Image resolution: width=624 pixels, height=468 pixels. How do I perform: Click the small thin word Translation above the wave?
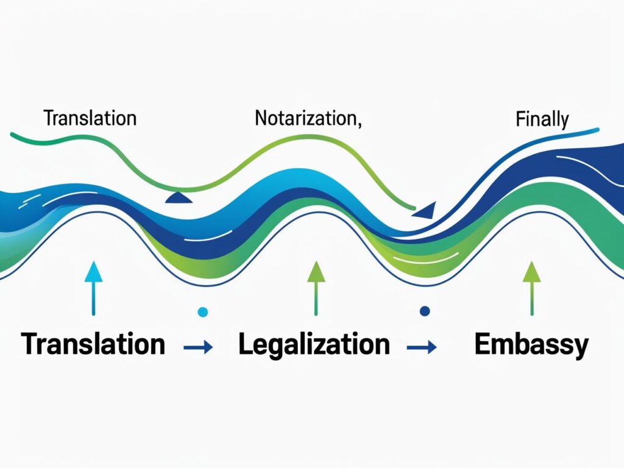pyautogui.click(x=90, y=118)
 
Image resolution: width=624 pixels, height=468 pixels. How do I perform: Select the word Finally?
pyautogui.click(x=542, y=119)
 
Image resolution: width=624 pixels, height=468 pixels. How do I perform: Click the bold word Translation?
pyautogui.click(x=93, y=344)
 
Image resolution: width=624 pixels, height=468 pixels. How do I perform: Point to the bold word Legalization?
pyautogui.click(x=314, y=345)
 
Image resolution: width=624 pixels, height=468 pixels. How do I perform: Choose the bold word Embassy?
pyautogui.click(x=531, y=345)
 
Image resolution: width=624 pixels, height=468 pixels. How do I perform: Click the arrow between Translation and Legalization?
pyautogui.click(x=198, y=347)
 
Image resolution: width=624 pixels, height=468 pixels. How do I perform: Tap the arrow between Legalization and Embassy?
pyautogui.click(x=422, y=347)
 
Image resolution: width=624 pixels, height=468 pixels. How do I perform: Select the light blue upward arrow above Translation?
pyautogui.click(x=93, y=288)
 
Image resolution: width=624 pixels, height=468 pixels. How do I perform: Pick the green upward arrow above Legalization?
pyautogui.click(x=316, y=288)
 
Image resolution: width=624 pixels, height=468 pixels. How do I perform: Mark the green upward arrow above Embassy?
pyautogui.click(x=531, y=288)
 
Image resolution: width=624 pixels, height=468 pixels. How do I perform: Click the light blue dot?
pyautogui.click(x=202, y=311)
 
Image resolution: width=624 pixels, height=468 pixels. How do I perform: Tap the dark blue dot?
pyautogui.click(x=425, y=311)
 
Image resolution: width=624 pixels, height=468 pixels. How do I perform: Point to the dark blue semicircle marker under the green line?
pyautogui.click(x=179, y=198)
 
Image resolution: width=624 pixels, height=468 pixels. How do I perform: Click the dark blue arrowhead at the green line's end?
pyautogui.click(x=426, y=211)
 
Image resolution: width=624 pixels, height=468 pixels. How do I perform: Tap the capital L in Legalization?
pyautogui.click(x=246, y=344)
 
